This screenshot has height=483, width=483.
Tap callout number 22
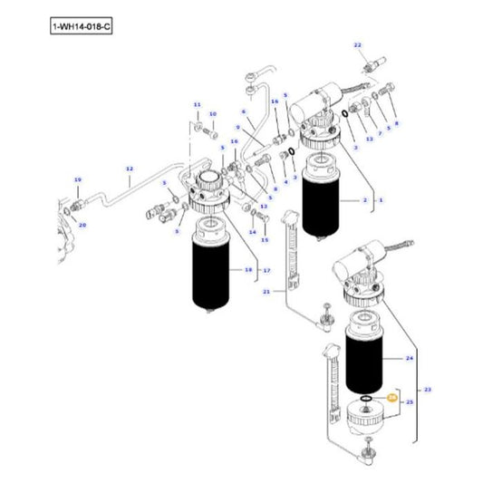357,44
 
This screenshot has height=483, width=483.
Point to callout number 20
82,225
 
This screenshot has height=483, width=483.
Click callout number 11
196,106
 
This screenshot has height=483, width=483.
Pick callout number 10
213,114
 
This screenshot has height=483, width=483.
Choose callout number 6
244,111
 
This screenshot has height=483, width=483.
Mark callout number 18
248,270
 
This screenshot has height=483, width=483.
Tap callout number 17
266,270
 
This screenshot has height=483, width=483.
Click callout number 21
266,292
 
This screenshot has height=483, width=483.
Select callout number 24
409,360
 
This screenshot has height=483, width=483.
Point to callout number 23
428,389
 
